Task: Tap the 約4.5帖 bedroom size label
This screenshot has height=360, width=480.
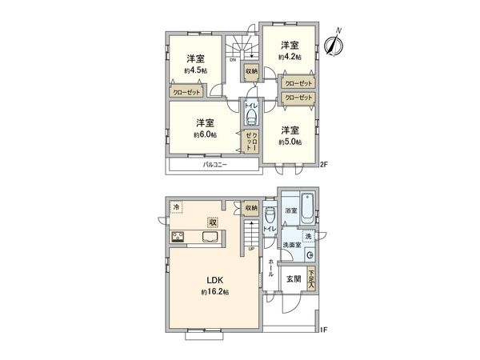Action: tap(195, 70)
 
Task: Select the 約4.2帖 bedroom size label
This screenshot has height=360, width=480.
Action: tap(290, 57)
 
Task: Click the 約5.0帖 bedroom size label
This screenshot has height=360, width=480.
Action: tap(290, 142)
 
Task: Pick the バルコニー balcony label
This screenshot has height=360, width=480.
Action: tap(214, 165)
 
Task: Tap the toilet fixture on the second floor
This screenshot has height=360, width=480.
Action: tap(250, 119)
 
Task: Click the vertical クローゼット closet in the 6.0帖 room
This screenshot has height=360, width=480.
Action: tap(251, 141)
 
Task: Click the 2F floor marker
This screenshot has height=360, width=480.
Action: tap(324, 165)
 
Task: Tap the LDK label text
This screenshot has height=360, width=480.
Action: tap(215, 280)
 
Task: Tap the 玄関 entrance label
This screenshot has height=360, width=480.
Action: tap(293, 278)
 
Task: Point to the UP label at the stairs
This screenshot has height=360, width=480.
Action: tap(251, 248)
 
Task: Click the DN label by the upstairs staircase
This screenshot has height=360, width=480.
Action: tap(233, 60)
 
